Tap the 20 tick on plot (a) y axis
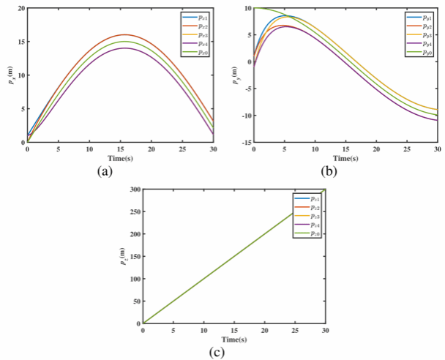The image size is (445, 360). click(x=20, y=8)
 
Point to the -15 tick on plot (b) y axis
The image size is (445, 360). click(x=245, y=142)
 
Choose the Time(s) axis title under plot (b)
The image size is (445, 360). click(x=345, y=157)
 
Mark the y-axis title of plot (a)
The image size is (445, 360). click(x=9, y=75)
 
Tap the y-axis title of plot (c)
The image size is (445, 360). click(x=123, y=255)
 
